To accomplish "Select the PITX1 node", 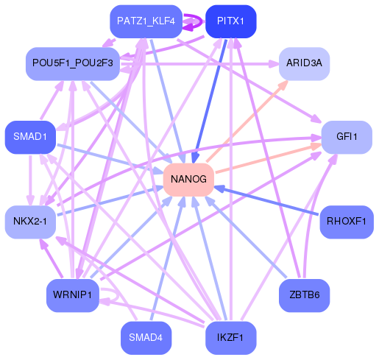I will pyautogui.click(x=231, y=21).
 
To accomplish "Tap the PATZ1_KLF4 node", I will pyautogui.click(x=145, y=21).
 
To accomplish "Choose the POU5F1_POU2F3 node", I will pyautogui.click(x=72, y=63).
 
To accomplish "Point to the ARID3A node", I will pyautogui.click(x=304, y=63).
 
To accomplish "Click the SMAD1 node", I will pyautogui.click(x=30, y=137).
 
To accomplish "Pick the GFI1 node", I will pyautogui.click(x=346, y=137).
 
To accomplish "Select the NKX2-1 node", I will pyautogui.click(x=30, y=222).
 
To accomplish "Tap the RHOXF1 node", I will pyautogui.click(x=346, y=222).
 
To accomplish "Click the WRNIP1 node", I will pyautogui.click(x=72, y=295).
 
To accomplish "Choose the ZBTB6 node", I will pyautogui.click(x=304, y=295).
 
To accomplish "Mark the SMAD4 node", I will pyautogui.click(x=145, y=338).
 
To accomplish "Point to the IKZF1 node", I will pyautogui.click(x=231, y=338).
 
